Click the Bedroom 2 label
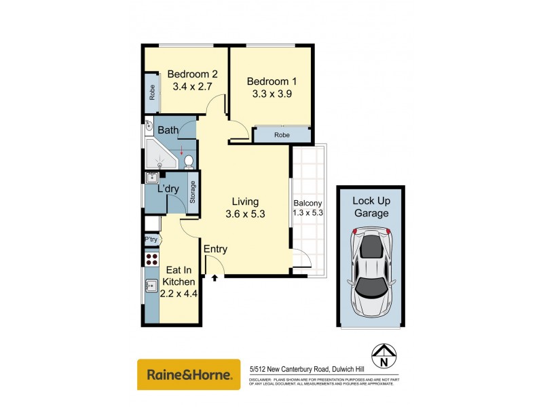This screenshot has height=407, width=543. [x=192, y=75]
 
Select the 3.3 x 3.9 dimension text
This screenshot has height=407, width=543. [x=271, y=94]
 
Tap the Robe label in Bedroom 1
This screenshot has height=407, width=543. [x=282, y=135]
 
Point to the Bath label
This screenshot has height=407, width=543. [x=168, y=130]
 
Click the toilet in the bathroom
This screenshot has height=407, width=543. [x=189, y=161]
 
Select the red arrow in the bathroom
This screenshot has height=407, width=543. [x=181, y=152]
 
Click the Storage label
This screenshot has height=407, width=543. [x=193, y=192]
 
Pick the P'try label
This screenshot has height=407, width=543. [x=151, y=239]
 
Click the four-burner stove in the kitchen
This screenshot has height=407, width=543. [x=150, y=258]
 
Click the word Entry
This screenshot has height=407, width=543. [x=215, y=250]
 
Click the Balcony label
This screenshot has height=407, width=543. [x=307, y=203]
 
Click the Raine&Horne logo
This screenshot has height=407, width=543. [x=189, y=374]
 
